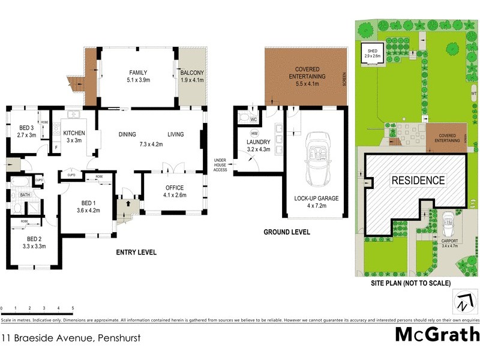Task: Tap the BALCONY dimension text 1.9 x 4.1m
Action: [192, 81]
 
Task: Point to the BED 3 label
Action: [27, 128]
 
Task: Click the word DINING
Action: [127, 134]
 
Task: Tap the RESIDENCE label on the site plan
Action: [418, 180]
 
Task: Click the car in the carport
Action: [448, 226]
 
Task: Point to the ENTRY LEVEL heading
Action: [136, 253]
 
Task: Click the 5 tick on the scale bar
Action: [73, 307]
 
